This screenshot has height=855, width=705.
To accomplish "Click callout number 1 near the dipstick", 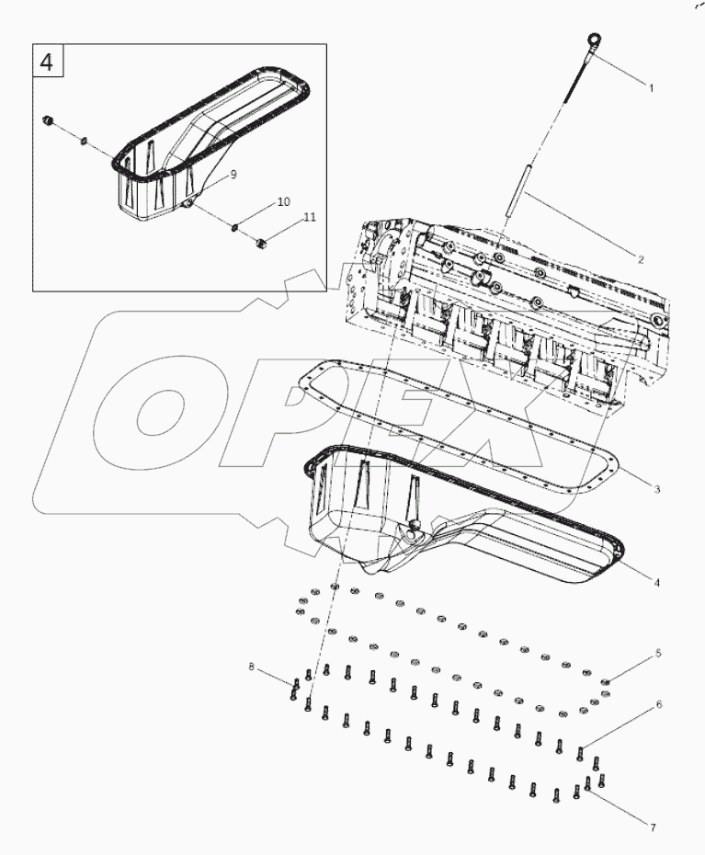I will [x=651, y=89].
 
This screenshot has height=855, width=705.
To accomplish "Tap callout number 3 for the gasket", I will [x=657, y=489].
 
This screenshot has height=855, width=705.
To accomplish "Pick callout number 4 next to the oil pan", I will [x=657, y=582].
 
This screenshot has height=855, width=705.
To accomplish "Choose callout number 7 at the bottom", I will [x=653, y=828].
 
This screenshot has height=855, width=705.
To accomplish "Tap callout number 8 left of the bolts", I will [x=251, y=666].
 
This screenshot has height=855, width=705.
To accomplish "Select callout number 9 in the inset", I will [x=233, y=174].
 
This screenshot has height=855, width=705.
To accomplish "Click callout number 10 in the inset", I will [x=283, y=200].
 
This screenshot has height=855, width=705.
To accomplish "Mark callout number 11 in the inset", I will [x=310, y=217].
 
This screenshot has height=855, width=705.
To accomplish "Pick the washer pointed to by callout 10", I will [x=235, y=227].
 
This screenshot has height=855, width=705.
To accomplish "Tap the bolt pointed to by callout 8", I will [x=296, y=685].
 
